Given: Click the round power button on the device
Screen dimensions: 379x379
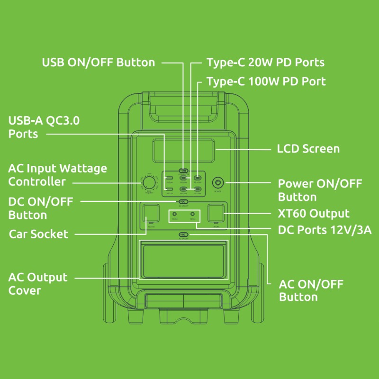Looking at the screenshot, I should pyautogui.click(x=218, y=182).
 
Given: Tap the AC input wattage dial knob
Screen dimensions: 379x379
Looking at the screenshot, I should pyautogui.click(x=149, y=183).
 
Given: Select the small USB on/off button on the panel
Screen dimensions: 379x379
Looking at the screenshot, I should pyautogui.click(x=183, y=170).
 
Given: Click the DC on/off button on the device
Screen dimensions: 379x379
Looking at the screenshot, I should pyautogui.click(x=183, y=201).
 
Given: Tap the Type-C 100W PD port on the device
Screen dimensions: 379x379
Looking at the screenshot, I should pyautogui.click(x=198, y=179).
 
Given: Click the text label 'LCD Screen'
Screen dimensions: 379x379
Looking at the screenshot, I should pyautogui.click(x=308, y=149).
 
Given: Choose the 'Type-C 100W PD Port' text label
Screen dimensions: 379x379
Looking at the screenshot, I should pyautogui.click(x=266, y=81).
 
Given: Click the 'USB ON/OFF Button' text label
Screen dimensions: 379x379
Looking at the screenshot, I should pyautogui.click(x=99, y=63).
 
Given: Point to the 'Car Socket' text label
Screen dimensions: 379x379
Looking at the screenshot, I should pyautogui.click(x=38, y=234).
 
